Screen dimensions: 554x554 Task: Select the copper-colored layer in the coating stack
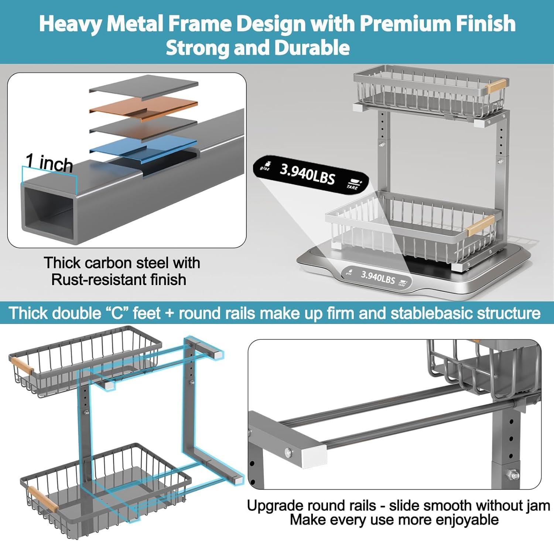144,106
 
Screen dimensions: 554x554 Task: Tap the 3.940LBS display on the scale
377,277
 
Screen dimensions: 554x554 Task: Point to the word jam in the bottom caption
539,506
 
